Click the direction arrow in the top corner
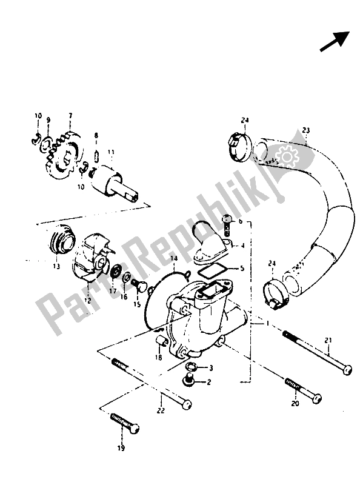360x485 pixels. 334,42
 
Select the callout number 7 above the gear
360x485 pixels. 70,116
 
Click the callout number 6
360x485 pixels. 240,222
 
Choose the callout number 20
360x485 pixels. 295,403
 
